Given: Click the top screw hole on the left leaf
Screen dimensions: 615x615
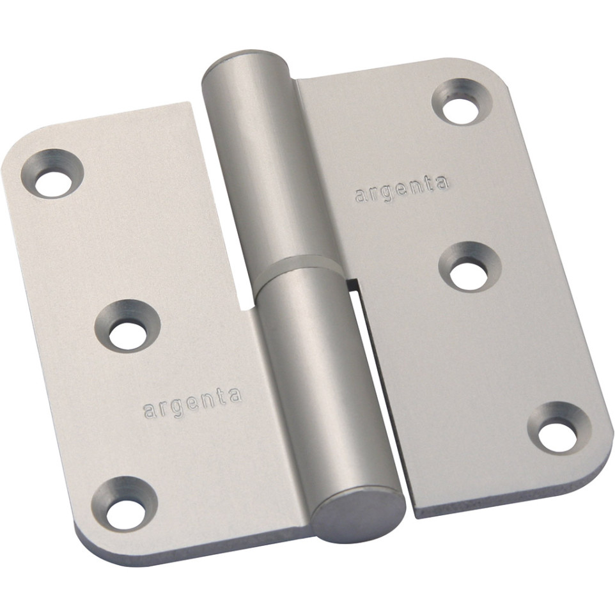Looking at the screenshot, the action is (52, 173).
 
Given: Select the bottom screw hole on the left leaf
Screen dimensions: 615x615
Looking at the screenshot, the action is (125, 504).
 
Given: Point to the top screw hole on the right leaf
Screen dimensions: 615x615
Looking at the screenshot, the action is (462, 102).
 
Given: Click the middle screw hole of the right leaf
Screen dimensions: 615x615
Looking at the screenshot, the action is (469, 267).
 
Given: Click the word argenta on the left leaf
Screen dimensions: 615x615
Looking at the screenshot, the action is (192, 403).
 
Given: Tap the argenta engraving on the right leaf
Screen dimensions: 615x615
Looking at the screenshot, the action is (401, 189).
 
